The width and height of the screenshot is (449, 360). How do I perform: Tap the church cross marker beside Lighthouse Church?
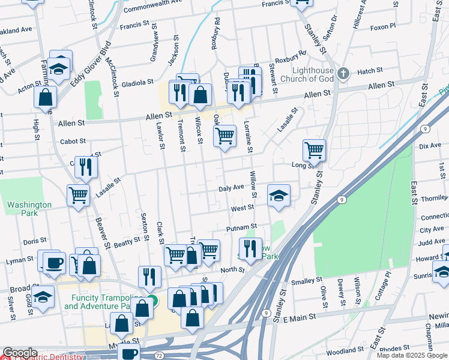343,74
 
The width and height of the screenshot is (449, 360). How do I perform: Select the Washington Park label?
22,208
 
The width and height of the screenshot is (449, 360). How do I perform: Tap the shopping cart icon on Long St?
314,150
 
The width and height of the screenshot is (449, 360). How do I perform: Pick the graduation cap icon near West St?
279,195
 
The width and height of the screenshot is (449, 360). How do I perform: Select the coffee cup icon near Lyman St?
54,262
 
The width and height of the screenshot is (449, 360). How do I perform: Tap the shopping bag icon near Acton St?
46,97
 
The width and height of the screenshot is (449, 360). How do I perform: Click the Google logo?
20,353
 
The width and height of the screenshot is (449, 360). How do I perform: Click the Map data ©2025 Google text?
412,355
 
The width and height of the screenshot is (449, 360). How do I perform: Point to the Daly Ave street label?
231,188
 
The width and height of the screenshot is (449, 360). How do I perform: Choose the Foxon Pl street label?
383,27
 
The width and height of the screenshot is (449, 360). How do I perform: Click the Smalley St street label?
306,281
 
